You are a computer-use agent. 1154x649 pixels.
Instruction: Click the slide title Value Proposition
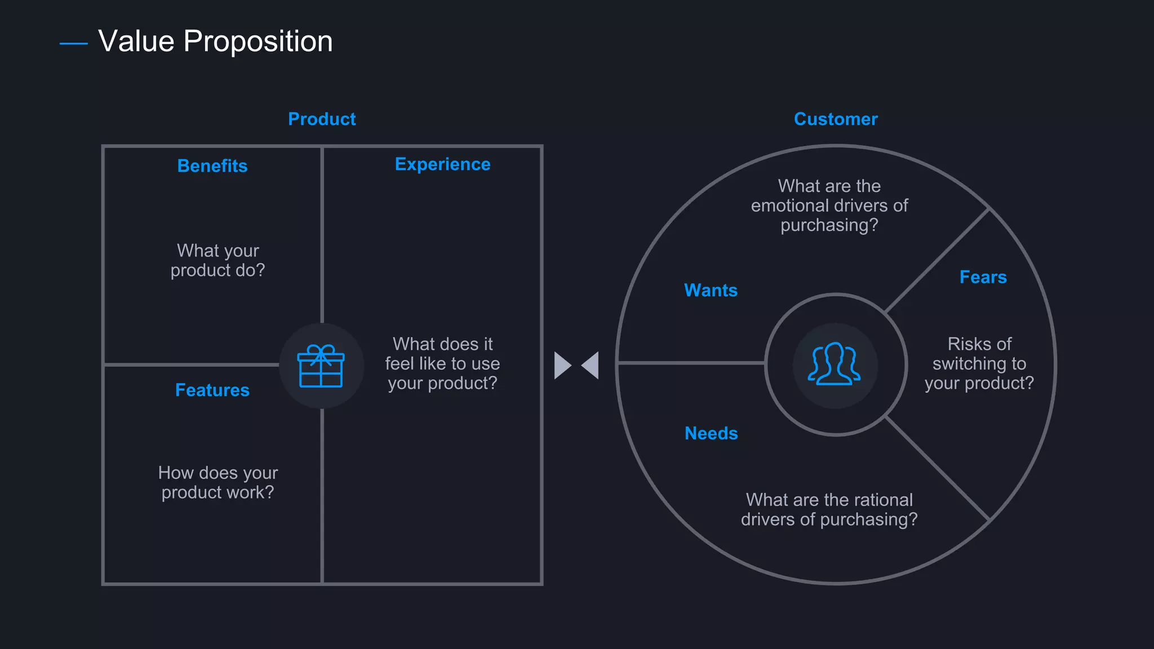pos(215,41)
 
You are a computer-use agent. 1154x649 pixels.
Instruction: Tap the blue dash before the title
pos(73,43)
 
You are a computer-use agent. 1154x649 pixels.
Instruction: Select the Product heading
pos(322,119)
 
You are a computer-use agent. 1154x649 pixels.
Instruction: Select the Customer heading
pos(836,119)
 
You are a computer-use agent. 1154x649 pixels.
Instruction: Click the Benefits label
pos(212,166)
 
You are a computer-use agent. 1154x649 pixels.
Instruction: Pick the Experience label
pos(442,164)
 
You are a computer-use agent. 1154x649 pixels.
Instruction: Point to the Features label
pos(212,390)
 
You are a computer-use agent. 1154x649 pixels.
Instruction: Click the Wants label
pos(711,290)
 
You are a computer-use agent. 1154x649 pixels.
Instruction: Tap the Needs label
pos(711,433)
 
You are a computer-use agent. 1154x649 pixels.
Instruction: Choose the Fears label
pos(983,277)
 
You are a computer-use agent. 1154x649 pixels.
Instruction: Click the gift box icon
pos(321,366)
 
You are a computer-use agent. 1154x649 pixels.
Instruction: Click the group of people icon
pos(835,364)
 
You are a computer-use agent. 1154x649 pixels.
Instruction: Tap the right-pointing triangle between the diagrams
pos(562,366)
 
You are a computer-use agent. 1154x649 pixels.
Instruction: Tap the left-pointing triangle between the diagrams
pos(591,366)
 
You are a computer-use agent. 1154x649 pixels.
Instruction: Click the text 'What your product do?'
pos(218,260)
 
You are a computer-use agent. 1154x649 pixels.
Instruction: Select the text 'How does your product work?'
pos(218,482)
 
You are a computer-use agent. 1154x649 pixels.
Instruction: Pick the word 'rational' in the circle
pos(883,500)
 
